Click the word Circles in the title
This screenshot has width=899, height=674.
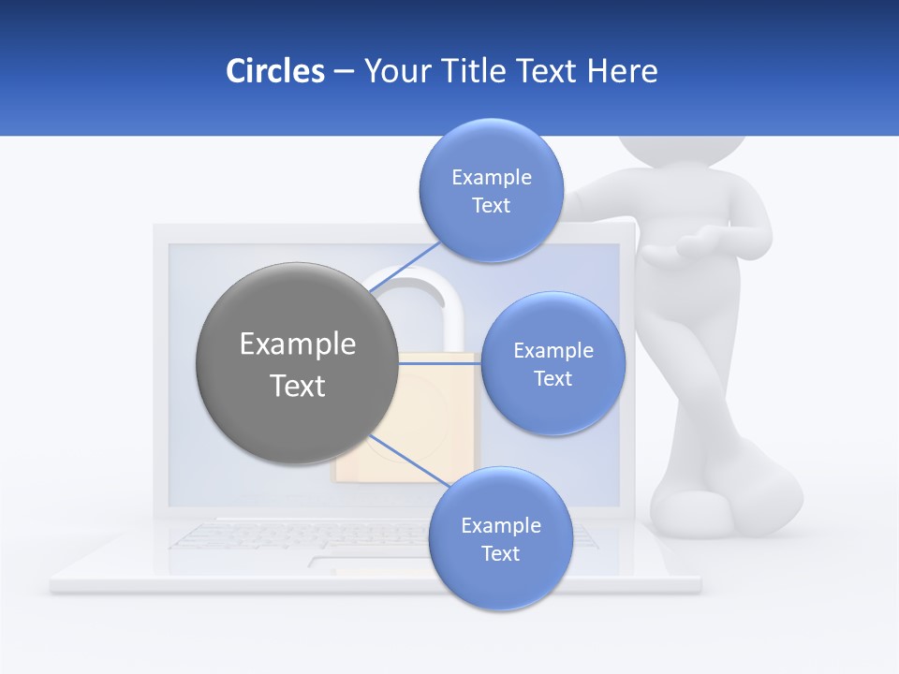pos(274,71)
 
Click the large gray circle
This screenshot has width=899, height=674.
pos(296,412)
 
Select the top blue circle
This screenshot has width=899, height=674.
pos(491,150)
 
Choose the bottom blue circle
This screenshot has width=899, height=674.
pos(500,580)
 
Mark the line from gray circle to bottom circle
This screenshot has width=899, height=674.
pos(412,462)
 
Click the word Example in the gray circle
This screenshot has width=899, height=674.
pos(298,344)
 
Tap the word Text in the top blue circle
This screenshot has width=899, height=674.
pos(491,206)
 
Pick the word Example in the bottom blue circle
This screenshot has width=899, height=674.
pos(500,526)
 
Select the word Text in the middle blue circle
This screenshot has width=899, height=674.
pos(553,379)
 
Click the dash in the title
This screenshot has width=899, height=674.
pos(343,72)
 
